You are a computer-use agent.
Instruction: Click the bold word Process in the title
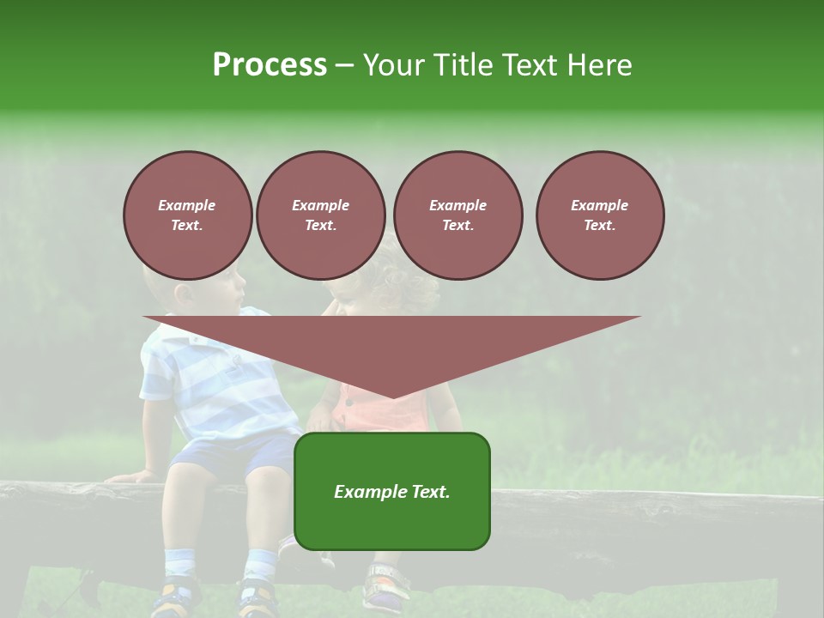pyautogui.click(x=270, y=65)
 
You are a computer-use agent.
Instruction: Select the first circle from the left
pyautogui.click(x=187, y=215)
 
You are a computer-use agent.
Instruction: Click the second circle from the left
pyautogui.click(x=320, y=215)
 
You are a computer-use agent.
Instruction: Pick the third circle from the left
pyautogui.click(x=457, y=215)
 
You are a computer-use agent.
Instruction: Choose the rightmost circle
pyautogui.click(x=599, y=215)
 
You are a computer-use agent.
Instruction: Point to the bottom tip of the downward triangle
pyautogui.click(x=392, y=397)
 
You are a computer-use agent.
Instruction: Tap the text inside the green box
pyautogui.click(x=391, y=492)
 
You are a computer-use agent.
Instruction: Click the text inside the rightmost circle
pyautogui.click(x=599, y=215)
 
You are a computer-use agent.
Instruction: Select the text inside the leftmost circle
pyautogui.click(x=187, y=215)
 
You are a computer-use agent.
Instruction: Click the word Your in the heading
pyautogui.click(x=394, y=65)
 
